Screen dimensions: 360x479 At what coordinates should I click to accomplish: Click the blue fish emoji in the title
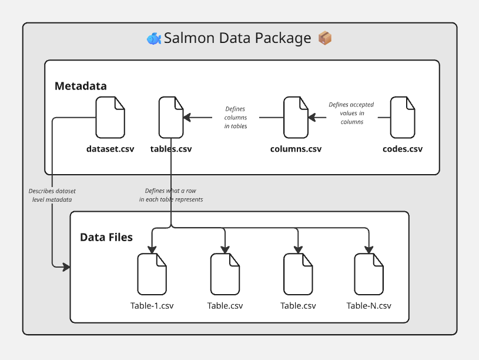(x=154, y=39)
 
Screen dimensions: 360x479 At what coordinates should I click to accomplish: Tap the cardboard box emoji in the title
(x=325, y=39)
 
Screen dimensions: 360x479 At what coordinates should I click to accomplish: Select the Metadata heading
(x=81, y=86)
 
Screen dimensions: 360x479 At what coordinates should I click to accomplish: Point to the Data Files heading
(x=106, y=238)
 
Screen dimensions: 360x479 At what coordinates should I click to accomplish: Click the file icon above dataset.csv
(x=110, y=118)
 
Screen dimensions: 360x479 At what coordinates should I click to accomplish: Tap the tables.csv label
(x=171, y=149)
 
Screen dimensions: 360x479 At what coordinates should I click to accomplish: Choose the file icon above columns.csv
(x=296, y=118)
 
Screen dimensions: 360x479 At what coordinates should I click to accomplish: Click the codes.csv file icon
(x=403, y=118)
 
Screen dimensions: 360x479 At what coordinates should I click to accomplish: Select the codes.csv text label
(x=403, y=149)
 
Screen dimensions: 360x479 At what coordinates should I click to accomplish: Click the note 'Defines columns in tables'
(x=235, y=118)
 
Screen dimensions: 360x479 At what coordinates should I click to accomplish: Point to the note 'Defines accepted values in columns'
(x=351, y=113)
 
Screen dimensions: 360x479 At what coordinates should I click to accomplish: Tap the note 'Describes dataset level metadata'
(x=52, y=195)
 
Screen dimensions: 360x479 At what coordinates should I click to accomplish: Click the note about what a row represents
(x=171, y=195)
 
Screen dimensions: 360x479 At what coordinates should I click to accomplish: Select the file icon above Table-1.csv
(x=152, y=274)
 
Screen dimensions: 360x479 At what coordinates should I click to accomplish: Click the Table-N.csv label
(x=369, y=306)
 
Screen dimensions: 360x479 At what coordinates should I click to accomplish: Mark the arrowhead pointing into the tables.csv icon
(x=187, y=118)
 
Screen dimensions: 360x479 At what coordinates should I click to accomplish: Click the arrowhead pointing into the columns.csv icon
(x=312, y=118)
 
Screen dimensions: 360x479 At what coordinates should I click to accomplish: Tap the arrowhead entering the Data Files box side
(x=66, y=268)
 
